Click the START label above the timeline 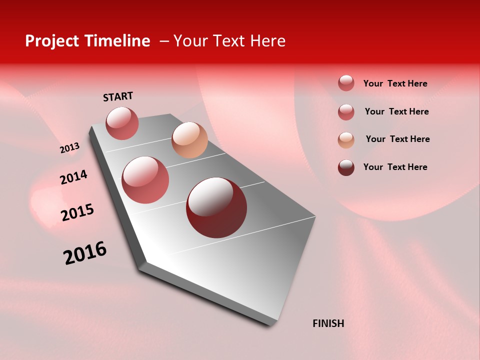tap(118, 96)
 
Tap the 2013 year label tap(69, 148)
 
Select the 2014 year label tap(73, 177)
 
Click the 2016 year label tap(85, 253)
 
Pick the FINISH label tap(328, 323)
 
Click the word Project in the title tap(52, 41)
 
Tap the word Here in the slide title tap(267, 41)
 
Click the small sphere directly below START tap(122, 123)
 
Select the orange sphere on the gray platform tap(189, 140)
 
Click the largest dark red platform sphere tap(216, 207)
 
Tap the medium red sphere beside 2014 tap(145, 180)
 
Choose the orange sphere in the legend tap(346, 140)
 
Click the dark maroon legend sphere tap(346, 167)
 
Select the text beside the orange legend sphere tap(397, 139)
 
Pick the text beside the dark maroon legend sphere tap(395, 167)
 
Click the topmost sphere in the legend tap(346, 83)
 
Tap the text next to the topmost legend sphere tap(395, 83)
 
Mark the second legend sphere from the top tap(346, 112)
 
